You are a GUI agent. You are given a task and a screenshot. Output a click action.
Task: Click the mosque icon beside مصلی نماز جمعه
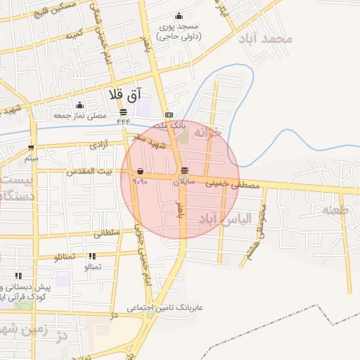(79, 105)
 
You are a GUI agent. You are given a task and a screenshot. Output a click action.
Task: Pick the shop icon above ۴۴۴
(124, 112)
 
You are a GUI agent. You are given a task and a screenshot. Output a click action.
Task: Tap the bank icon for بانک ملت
(168, 115)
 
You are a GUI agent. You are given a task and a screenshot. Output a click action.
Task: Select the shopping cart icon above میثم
(31, 148)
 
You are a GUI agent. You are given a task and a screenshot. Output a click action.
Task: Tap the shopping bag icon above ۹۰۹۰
(141, 171)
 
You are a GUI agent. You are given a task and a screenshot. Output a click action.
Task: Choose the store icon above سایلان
(184, 171)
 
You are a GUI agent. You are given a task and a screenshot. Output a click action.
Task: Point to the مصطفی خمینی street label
(233, 186)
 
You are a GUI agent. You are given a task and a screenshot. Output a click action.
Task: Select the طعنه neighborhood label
(335, 210)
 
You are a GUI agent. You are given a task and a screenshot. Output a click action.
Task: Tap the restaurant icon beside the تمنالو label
(92, 257)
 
